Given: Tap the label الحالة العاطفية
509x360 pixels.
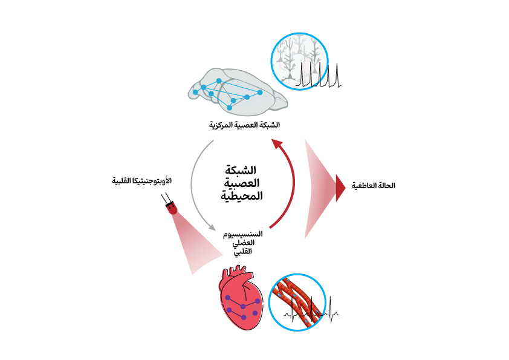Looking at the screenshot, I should tap(373, 185).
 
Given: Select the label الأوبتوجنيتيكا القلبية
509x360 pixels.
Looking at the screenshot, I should tap(142, 181).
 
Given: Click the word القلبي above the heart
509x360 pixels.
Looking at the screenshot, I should tap(242, 251).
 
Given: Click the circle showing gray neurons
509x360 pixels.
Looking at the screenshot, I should tap(300, 61).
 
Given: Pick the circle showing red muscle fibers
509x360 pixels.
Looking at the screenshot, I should tap(297, 302).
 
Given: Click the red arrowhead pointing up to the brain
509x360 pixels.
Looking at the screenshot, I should tap(276, 144).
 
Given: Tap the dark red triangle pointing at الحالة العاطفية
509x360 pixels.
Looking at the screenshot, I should tap(340, 188).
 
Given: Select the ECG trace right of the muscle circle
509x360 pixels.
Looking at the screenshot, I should tap(331, 312).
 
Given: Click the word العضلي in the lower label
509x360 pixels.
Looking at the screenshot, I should tap(242, 243).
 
